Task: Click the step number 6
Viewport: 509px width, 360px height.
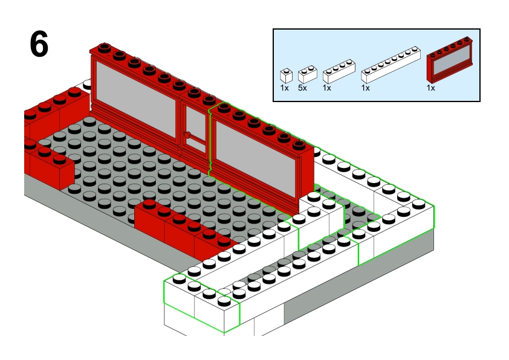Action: click(x=39, y=45)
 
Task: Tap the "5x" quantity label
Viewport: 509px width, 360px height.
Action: click(x=302, y=88)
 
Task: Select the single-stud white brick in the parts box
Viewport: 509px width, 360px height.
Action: click(x=287, y=76)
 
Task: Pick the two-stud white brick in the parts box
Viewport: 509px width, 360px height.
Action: click(x=307, y=74)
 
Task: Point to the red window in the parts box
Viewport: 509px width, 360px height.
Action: click(x=449, y=60)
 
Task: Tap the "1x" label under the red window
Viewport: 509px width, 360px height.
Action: click(x=430, y=88)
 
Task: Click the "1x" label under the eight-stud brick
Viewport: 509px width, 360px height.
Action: click(x=365, y=88)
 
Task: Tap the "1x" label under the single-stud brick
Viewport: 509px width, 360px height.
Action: click(x=284, y=88)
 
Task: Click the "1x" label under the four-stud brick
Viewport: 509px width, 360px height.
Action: click(x=327, y=88)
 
